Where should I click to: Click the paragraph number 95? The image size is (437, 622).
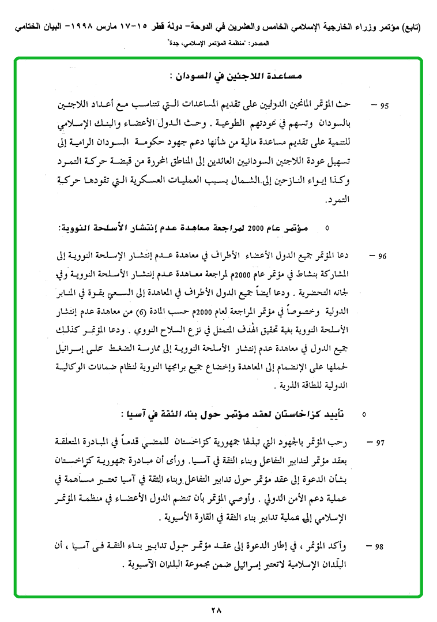pos(384,106)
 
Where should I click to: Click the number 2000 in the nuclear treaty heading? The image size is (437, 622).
pos(255,230)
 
